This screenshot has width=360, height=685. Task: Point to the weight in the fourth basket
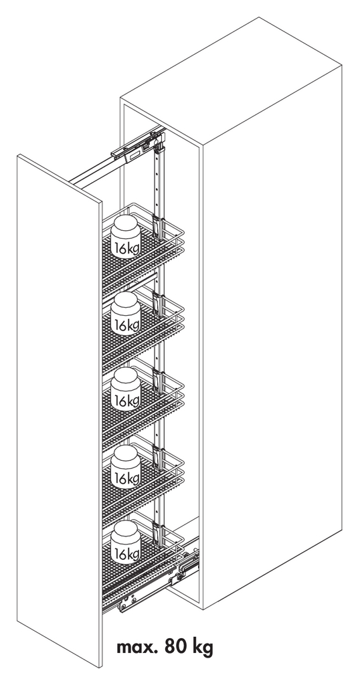point(126,466)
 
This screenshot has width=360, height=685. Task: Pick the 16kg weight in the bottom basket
point(126,542)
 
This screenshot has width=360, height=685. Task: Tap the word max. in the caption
point(137,647)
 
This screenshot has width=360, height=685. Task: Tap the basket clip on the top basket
point(158,227)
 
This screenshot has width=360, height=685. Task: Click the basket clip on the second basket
point(158,304)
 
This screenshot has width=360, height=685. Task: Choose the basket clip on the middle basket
point(158,381)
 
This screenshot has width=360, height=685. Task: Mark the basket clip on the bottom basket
point(158,534)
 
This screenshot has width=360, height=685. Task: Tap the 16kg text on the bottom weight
point(126,553)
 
